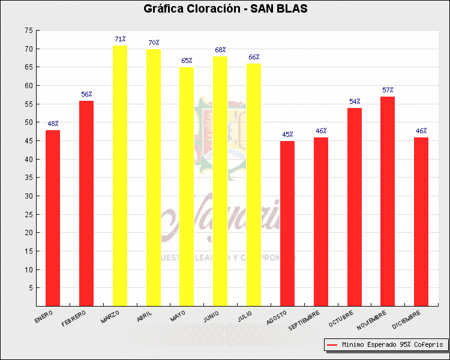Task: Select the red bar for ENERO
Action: (x=53, y=218)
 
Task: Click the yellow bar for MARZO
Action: (x=120, y=176)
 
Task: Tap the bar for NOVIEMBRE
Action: (x=388, y=201)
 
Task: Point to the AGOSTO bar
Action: (x=287, y=223)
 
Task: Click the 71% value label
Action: (x=120, y=39)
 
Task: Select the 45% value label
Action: (x=287, y=134)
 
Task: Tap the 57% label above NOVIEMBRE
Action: (x=388, y=90)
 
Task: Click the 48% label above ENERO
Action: (x=53, y=124)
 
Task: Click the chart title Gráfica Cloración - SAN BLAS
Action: (x=225, y=9)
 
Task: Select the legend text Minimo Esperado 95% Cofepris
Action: (x=392, y=345)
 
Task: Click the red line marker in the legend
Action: (x=332, y=345)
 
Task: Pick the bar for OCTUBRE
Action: (x=355, y=207)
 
